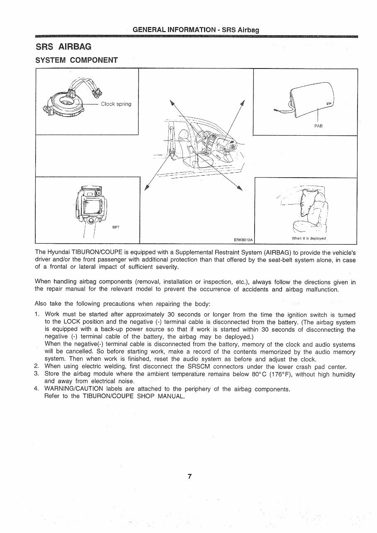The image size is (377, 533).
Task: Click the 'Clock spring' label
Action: [x=116, y=104]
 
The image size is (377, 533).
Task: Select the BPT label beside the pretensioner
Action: [x=116, y=227]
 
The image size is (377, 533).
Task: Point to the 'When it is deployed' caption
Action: [x=309, y=238]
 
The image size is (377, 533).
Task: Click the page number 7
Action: [x=189, y=476]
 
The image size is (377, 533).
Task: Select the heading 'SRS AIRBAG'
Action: [x=63, y=47]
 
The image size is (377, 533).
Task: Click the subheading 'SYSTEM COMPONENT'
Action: [x=77, y=60]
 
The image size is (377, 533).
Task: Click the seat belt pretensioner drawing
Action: [x=91, y=205]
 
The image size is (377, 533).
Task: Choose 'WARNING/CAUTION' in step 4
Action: [x=74, y=389]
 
